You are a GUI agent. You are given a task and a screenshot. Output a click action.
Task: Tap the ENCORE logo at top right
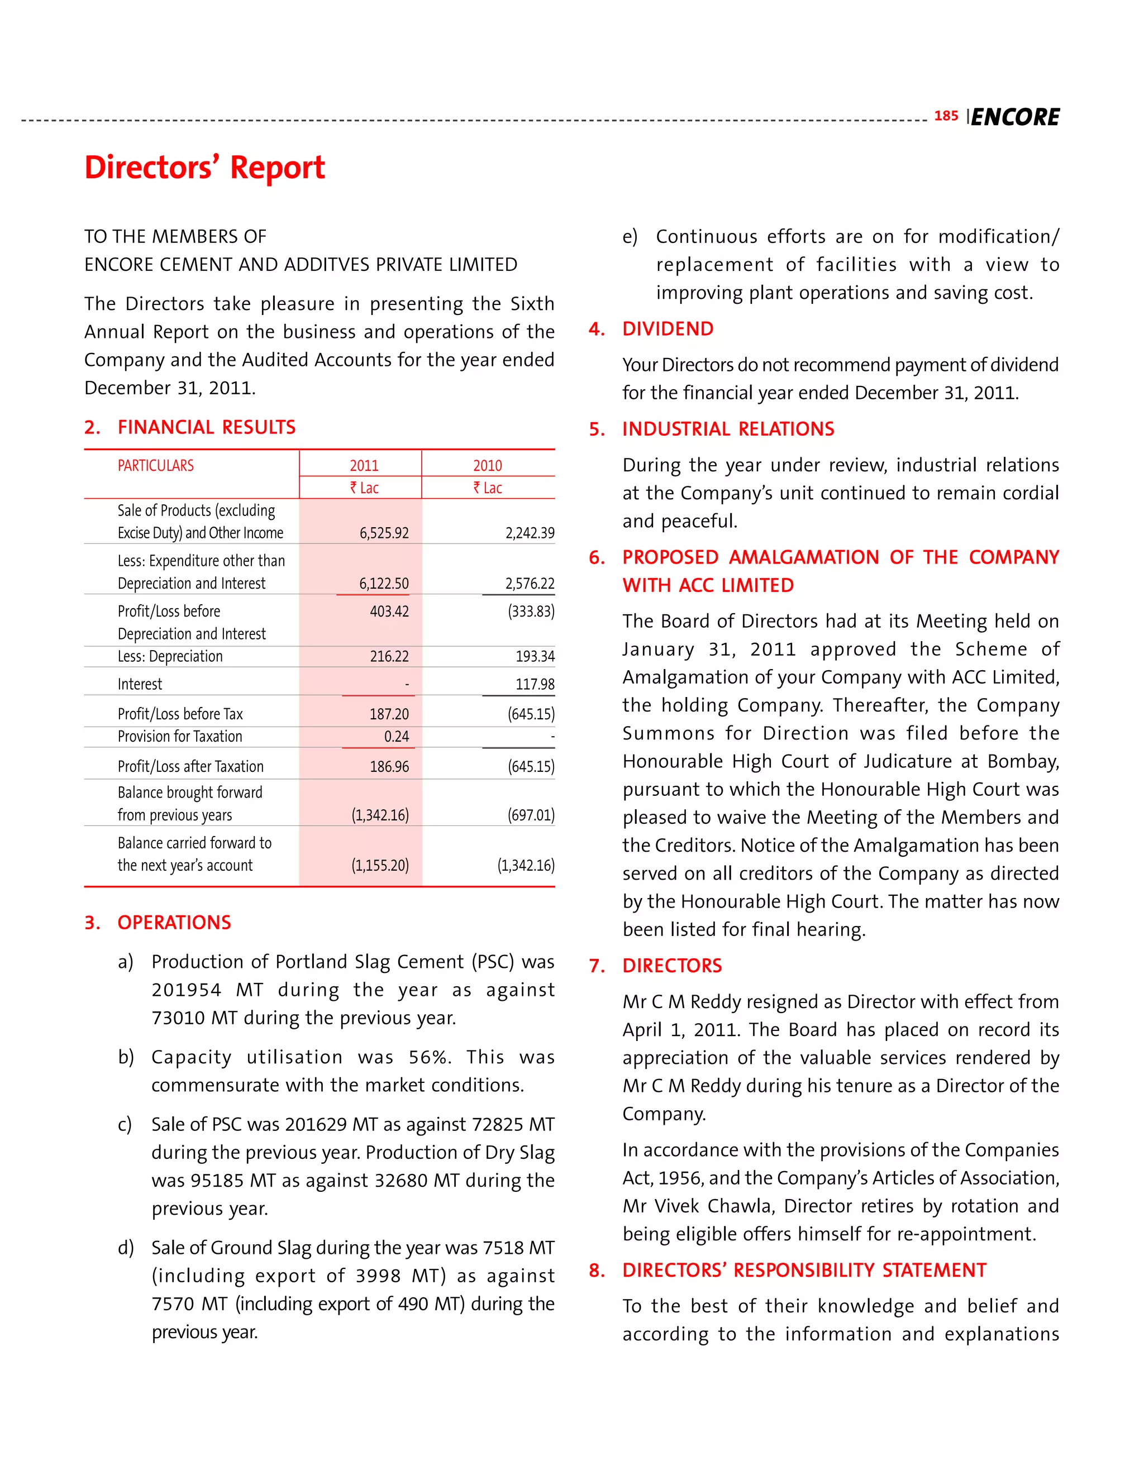click(x=1014, y=117)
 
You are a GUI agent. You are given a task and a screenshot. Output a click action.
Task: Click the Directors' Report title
click(x=204, y=168)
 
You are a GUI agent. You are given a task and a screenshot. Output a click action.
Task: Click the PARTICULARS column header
click(x=155, y=466)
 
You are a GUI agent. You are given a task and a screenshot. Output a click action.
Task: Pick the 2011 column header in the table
click(x=364, y=466)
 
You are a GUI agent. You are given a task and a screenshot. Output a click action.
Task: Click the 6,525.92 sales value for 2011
click(x=384, y=533)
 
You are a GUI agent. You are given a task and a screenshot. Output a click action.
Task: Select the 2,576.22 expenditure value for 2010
click(x=530, y=584)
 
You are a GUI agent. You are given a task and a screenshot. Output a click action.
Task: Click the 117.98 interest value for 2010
click(x=535, y=685)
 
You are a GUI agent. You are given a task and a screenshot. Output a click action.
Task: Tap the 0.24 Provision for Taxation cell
click(x=397, y=737)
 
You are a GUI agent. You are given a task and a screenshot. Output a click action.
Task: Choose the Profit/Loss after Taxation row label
click(x=190, y=766)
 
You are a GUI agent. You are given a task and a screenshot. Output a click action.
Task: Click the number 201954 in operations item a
click(x=187, y=990)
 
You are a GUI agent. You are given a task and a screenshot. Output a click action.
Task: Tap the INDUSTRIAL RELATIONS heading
click(x=728, y=429)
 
